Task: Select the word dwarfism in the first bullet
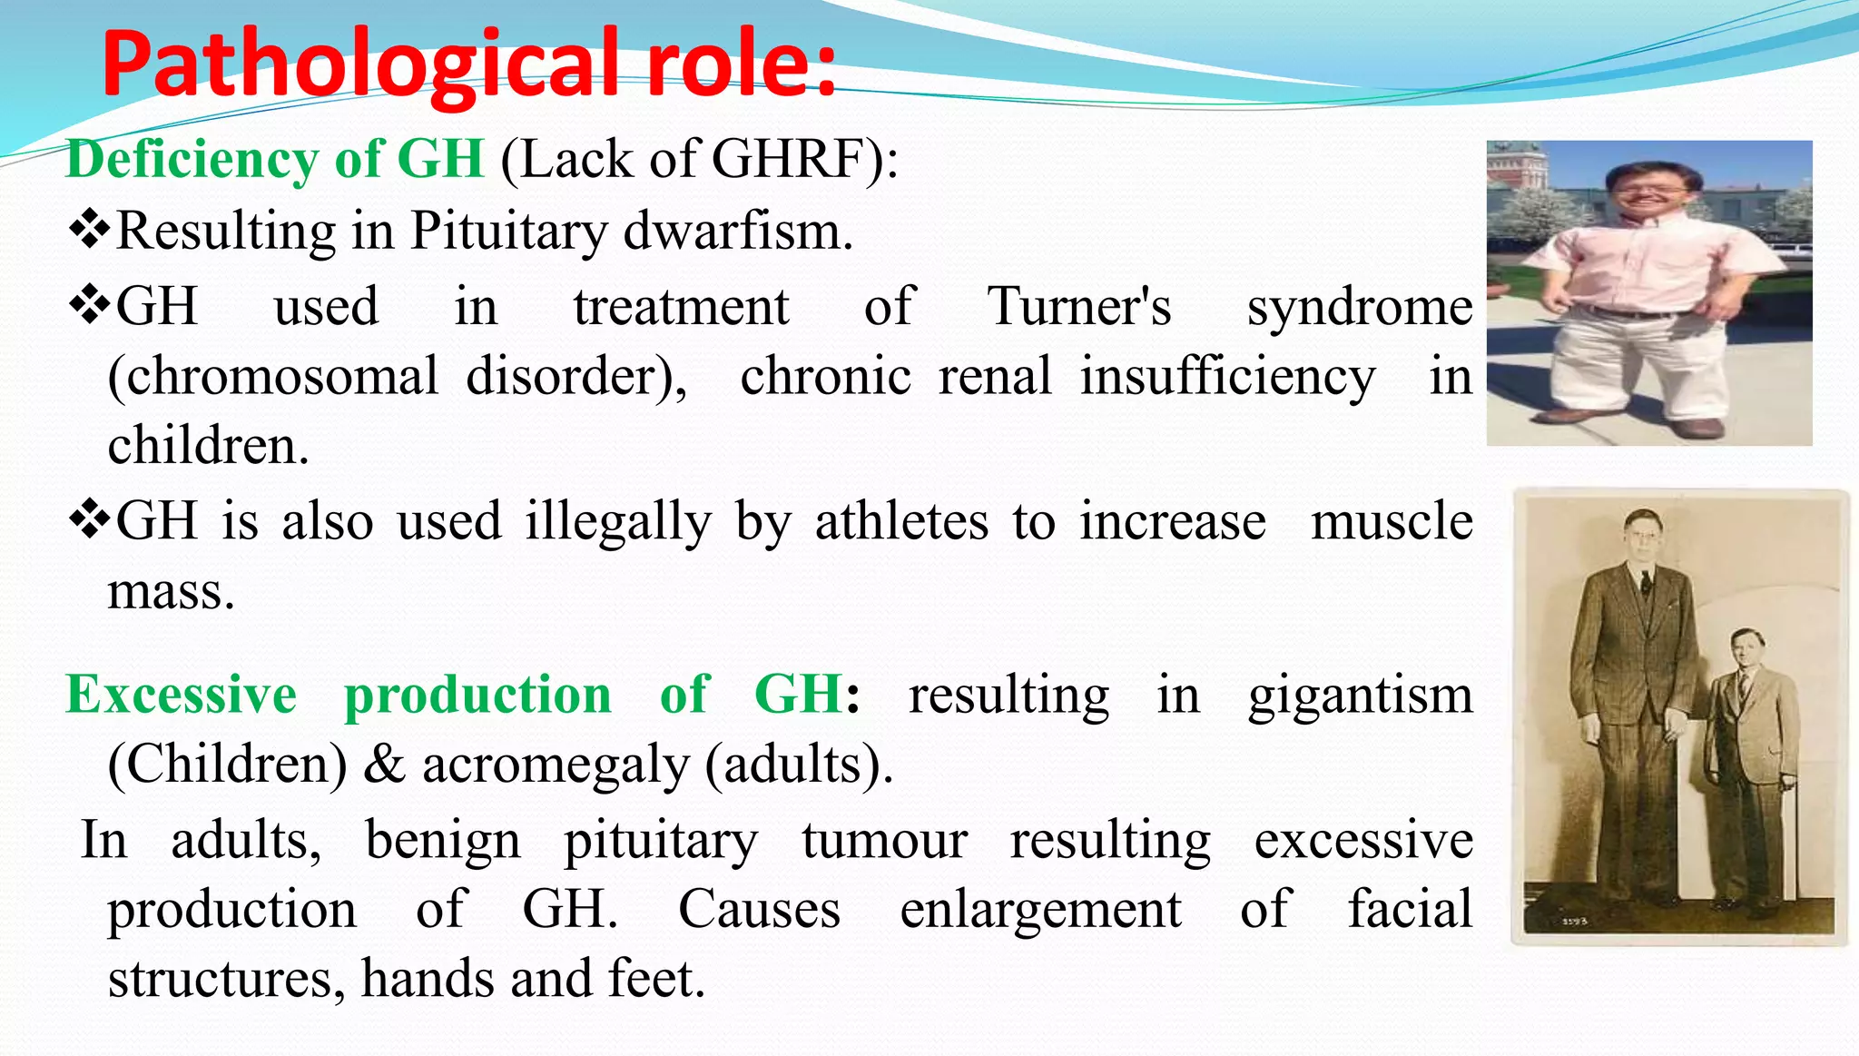(x=737, y=232)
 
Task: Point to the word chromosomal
(x=272, y=376)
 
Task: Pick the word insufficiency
(x=1226, y=376)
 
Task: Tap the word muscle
(x=1391, y=522)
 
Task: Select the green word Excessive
(x=181, y=695)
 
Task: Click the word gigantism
(x=1359, y=696)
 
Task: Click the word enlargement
(x=1039, y=909)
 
